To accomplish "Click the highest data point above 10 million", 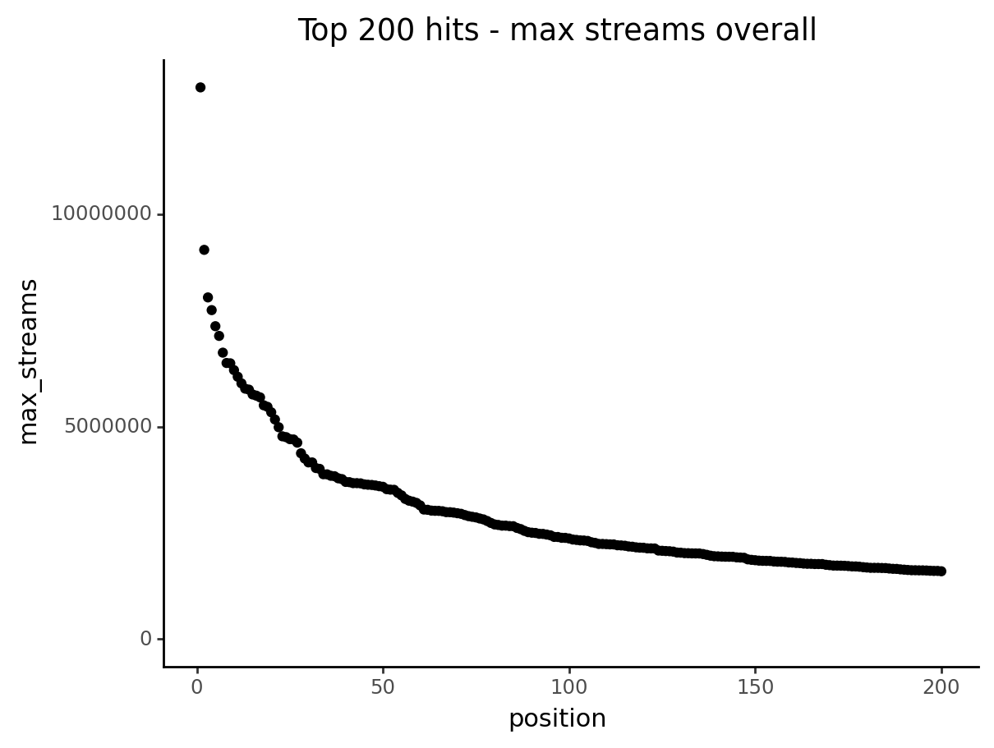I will (200, 87).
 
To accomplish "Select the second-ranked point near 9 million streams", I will (204, 250).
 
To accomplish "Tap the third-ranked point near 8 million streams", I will (208, 297).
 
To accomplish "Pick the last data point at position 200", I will (941, 571).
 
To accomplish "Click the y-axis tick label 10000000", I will (101, 214).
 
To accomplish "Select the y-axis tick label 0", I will (146, 639).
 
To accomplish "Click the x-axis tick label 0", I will (197, 687).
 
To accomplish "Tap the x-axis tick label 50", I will (383, 687).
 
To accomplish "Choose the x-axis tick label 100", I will (568, 687).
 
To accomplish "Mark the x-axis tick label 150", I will (755, 687).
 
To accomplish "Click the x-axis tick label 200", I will (941, 687).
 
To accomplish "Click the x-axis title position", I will (557, 718).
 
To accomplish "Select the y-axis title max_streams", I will (30, 361).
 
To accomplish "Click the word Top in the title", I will (320, 30).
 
